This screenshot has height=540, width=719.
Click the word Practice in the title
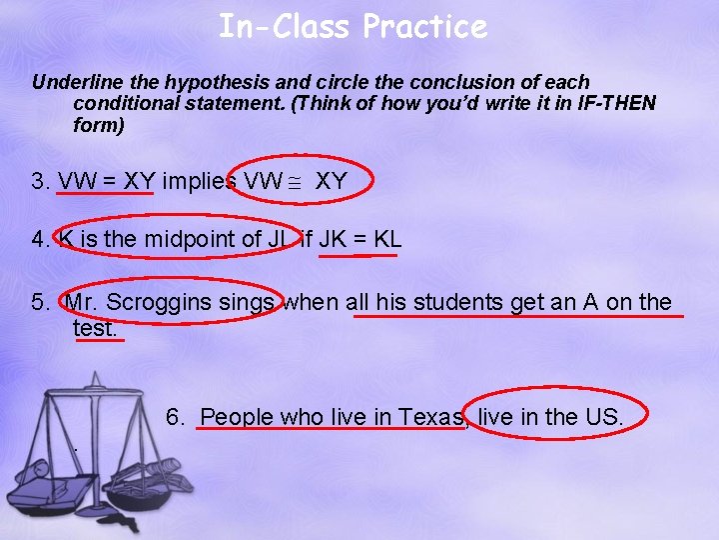[424, 26]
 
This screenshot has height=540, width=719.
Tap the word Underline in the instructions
[75, 82]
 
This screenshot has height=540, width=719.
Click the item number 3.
[41, 182]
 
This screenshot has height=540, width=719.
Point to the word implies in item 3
[199, 182]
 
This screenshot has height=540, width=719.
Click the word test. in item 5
[96, 327]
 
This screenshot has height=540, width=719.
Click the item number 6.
[176, 416]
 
